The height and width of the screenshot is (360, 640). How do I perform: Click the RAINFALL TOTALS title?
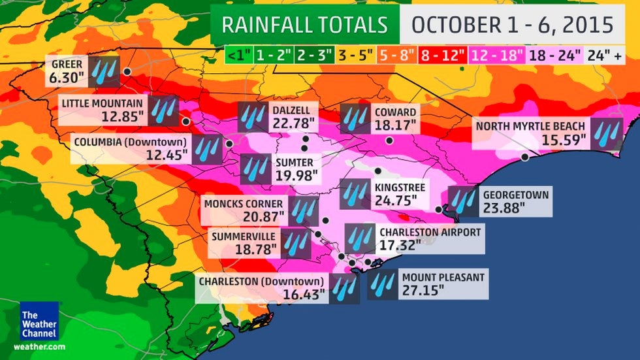(304, 25)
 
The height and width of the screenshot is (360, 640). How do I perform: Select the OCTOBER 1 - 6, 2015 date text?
(513, 25)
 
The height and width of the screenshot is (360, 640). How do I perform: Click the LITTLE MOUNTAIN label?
(103, 103)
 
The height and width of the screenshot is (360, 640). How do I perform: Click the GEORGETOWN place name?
(516, 195)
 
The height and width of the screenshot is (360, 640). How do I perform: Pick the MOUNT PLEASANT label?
(443, 277)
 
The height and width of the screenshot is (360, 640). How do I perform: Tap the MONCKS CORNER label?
(244, 203)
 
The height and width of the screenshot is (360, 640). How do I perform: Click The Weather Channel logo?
(39, 321)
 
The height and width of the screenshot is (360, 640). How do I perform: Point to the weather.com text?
(39, 346)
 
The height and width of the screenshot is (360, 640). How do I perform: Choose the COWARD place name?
(394, 111)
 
